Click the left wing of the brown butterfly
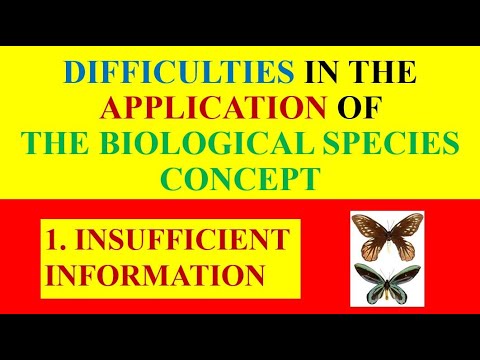(x=369, y=232)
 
